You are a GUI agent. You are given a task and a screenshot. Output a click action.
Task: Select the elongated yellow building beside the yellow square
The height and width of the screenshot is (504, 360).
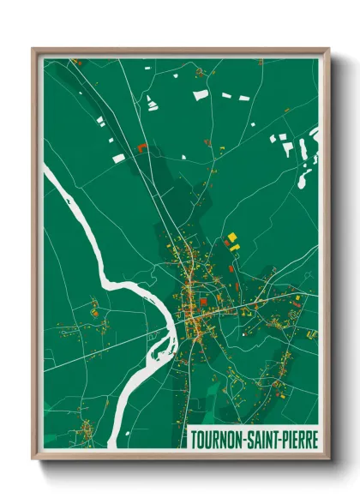click(x=236, y=247)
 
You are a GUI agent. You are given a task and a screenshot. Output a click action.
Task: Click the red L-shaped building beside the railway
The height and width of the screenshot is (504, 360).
click(x=141, y=147)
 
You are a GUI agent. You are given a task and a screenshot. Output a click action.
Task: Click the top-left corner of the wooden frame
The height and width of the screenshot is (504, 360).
click(x=34, y=50)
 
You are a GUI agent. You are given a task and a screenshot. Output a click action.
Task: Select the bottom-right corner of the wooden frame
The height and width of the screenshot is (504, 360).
click(x=328, y=459)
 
